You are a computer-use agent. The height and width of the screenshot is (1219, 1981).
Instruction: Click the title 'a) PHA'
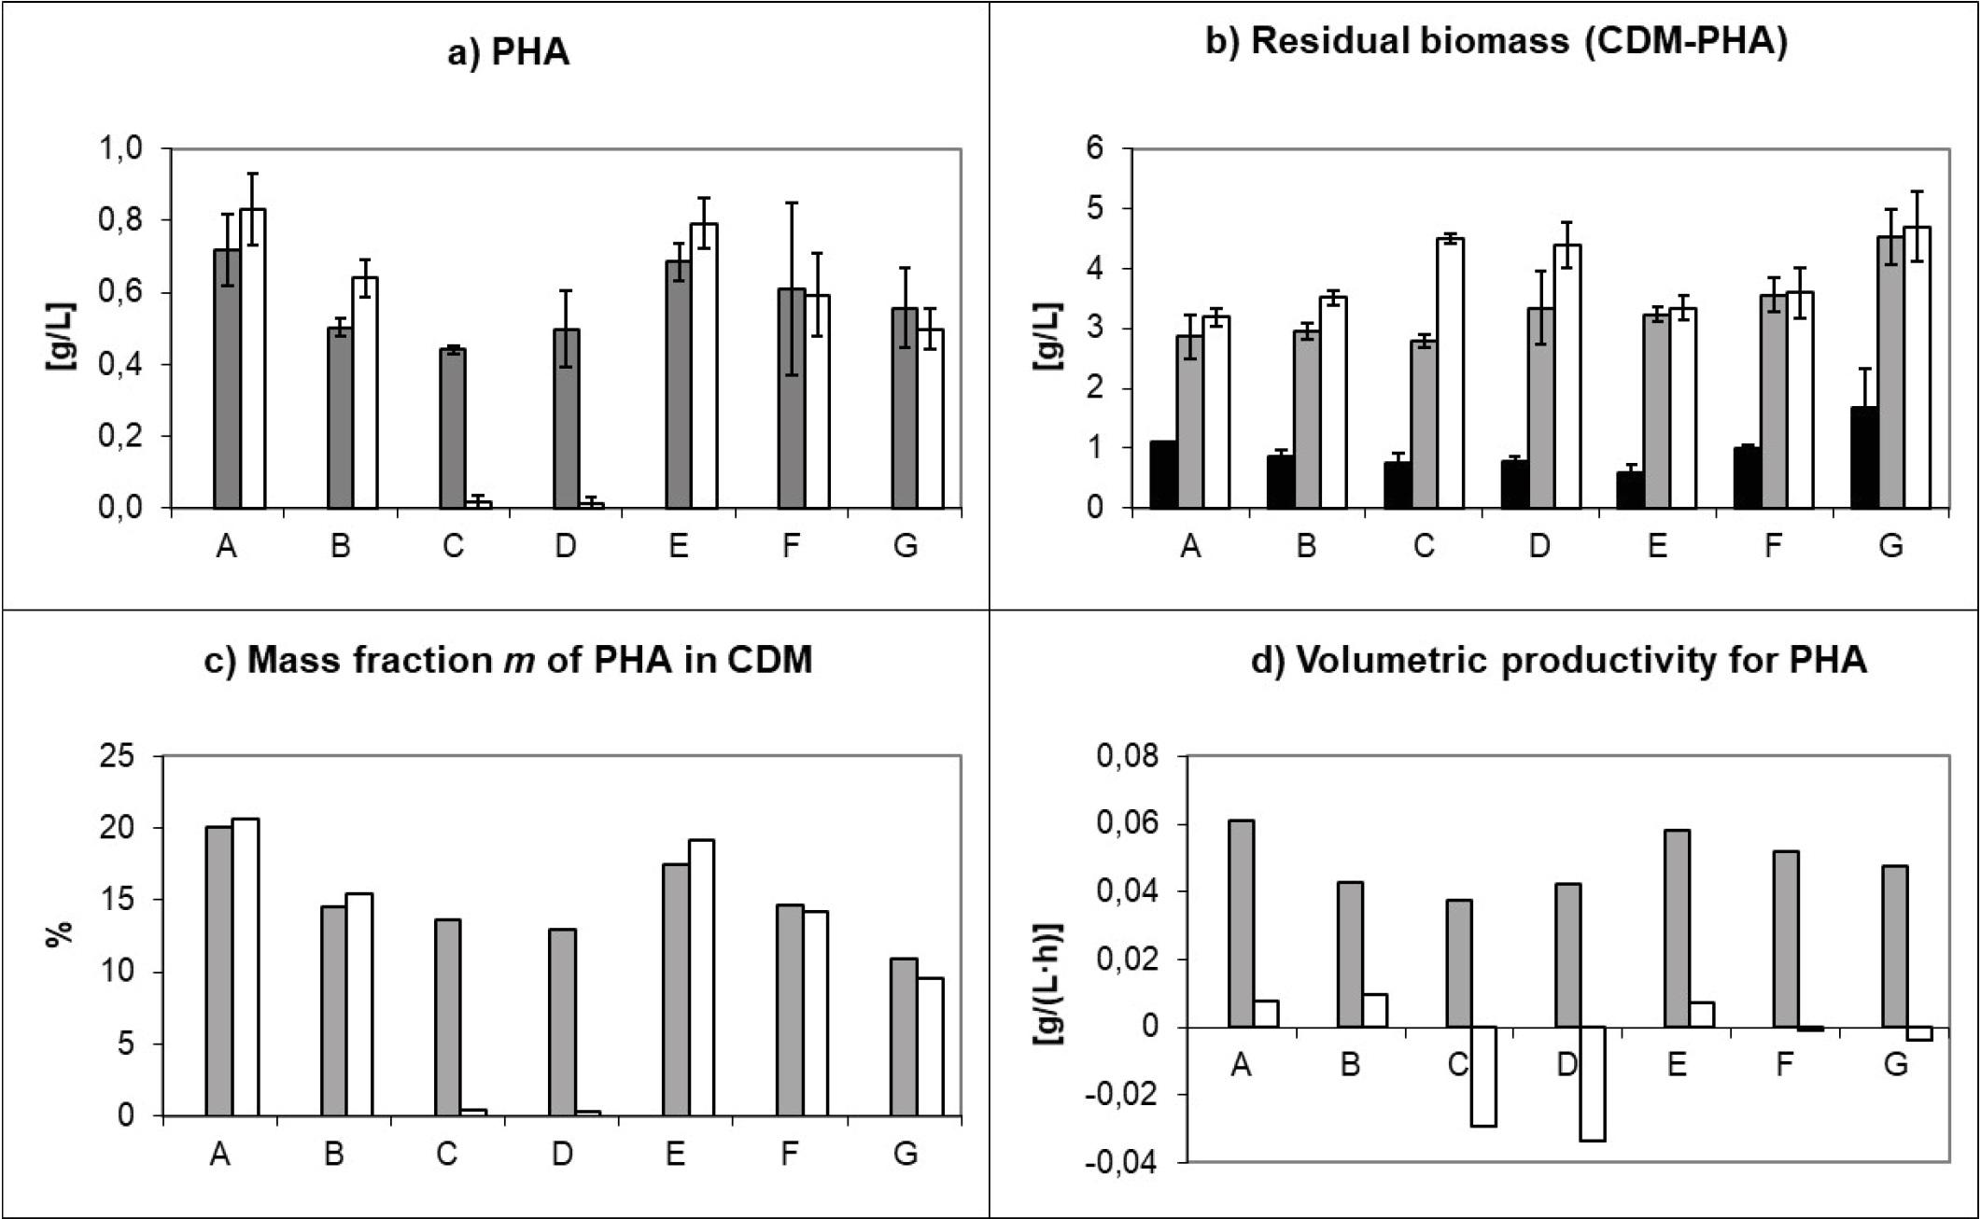(509, 52)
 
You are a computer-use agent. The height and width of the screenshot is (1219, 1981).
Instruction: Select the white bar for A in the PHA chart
(253, 358)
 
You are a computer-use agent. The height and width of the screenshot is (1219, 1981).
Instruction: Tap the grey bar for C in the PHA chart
(453, 428)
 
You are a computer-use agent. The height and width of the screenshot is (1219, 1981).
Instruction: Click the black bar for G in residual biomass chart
(1864, 457)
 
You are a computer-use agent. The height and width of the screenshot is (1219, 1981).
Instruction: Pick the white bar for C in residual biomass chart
(1450, 373)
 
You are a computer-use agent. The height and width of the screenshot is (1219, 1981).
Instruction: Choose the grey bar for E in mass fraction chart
(675, 989)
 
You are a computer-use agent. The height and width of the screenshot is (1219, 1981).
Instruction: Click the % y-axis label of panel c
(58, 934)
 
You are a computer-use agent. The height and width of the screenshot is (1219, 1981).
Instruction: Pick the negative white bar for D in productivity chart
(1592, 1084)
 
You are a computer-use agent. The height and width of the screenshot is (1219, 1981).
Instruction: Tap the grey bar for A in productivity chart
(1241, 924)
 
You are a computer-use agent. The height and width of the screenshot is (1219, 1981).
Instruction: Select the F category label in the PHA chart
(791, 545)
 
